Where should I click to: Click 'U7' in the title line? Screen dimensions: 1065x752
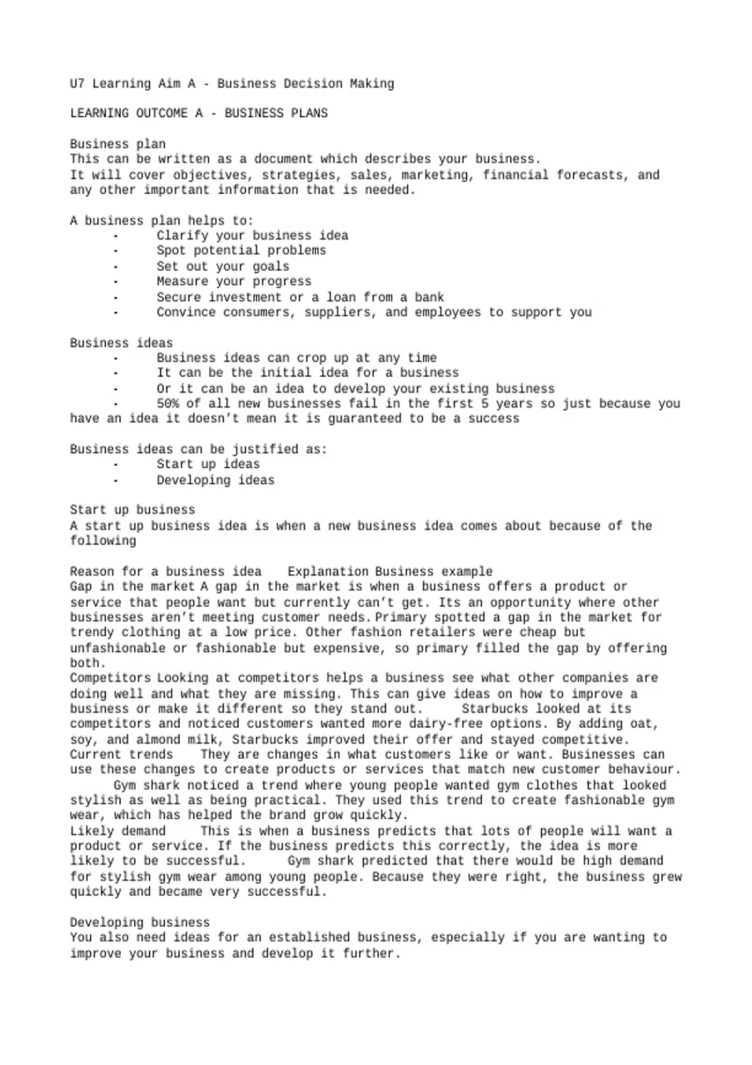77,83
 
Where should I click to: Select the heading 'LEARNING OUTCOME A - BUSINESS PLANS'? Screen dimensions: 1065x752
199,113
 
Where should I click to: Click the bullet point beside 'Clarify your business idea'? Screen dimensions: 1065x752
115,236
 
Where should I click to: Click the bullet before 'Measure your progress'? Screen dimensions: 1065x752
115,282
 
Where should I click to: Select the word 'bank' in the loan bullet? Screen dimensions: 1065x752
429,297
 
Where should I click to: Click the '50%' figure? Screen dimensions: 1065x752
167,403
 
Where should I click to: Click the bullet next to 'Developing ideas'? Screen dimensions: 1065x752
115,481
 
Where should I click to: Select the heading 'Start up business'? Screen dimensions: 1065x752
132,510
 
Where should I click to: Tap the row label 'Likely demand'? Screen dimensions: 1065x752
117,831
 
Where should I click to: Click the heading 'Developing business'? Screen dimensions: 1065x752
140,922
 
